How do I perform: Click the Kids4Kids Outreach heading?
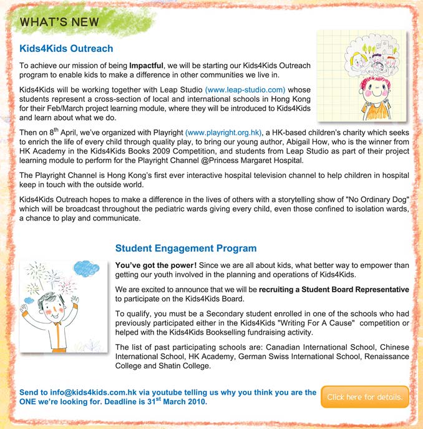tap(66, 47)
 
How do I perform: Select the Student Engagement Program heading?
tap(186, 249)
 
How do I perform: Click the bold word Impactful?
tap(146, 66)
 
